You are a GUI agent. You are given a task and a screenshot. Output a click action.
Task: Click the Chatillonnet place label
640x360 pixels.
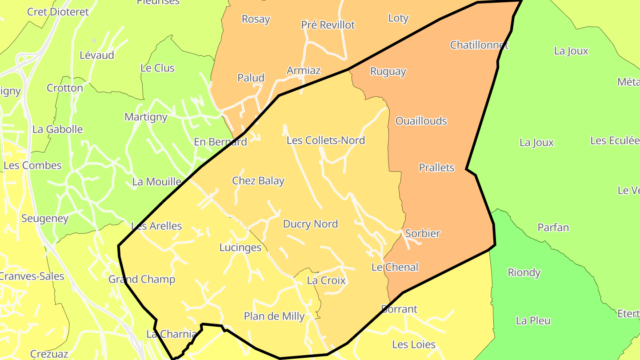pos(479,45)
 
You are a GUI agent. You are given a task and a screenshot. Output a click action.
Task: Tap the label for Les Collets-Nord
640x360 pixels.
pos(326,140)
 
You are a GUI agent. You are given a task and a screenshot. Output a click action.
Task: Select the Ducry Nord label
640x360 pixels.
pos(310,224)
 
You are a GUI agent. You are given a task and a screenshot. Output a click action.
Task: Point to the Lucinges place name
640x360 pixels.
pos(240,248)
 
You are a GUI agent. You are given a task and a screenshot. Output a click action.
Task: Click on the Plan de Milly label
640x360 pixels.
pos(274,316)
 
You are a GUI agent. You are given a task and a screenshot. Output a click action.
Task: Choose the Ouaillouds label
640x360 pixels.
pos(421,121)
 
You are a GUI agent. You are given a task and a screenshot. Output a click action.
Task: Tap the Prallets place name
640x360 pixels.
pos(436,168)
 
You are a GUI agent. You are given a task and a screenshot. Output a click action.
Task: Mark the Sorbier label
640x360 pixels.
pos(422,233)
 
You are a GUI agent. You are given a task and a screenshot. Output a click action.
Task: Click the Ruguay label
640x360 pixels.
pos(388,72)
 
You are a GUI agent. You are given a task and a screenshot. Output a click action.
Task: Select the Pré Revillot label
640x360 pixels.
pos(328,25)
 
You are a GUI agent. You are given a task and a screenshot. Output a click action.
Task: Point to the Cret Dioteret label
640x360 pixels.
pos(58,12)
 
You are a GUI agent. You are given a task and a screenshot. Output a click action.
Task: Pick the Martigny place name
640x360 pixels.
pos(146,117)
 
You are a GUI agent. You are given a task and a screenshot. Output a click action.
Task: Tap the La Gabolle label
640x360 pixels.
pos(58,129)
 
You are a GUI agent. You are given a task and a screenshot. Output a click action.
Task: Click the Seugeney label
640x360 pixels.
pos(45,219)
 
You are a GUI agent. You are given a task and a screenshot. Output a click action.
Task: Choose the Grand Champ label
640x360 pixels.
pos(142,280)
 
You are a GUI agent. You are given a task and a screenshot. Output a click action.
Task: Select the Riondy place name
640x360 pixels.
pos(524,272)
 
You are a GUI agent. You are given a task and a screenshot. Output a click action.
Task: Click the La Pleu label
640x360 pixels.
pos(533,320)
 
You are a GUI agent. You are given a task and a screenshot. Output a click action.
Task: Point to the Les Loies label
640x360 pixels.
pos(413,344)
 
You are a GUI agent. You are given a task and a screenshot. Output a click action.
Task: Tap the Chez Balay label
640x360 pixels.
pos(258,181)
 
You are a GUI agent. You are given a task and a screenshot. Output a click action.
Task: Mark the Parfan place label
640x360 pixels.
pos(553,228)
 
